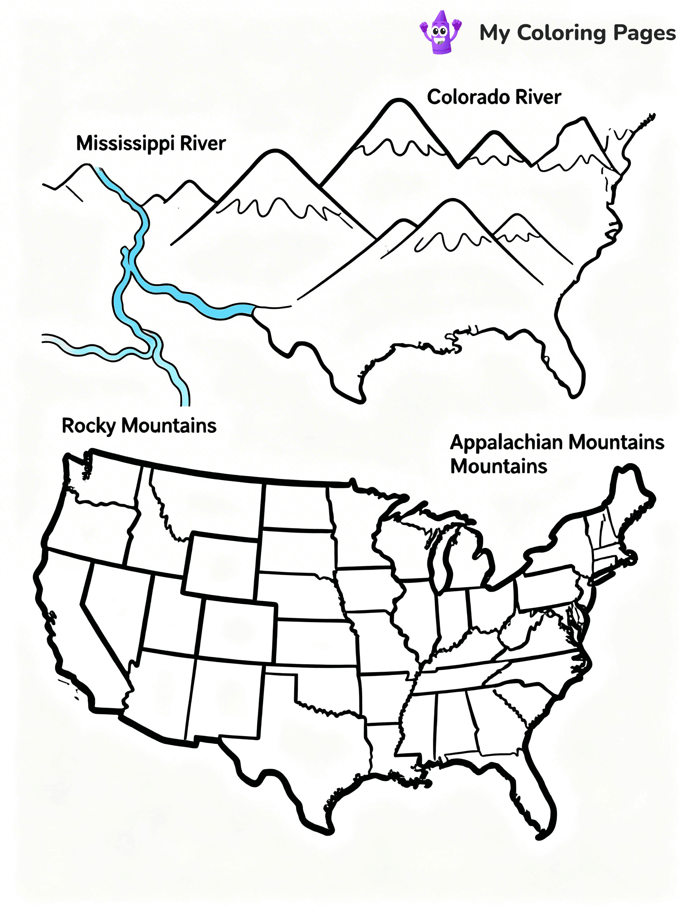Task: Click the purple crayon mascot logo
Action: coord(440,32)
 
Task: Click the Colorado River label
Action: coord(494,97)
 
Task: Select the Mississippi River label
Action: coord(151,144)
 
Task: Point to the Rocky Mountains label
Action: coord(139,426)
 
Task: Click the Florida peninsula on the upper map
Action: coord(569,365)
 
